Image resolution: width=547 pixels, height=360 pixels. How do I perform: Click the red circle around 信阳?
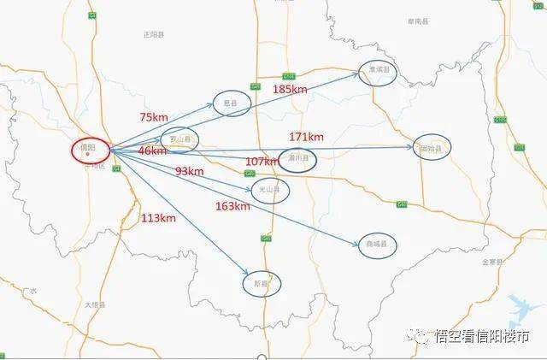(90, 150)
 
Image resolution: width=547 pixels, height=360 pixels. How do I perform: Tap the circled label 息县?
(232, 103)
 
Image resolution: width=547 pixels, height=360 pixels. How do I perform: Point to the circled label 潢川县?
(297, 159)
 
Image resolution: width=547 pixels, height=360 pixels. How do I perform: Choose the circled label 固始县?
(431, 148)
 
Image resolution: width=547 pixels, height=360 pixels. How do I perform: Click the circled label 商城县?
(376, 245)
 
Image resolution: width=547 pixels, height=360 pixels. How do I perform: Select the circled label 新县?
(261, 283)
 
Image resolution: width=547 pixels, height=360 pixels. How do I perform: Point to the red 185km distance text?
(290, 89)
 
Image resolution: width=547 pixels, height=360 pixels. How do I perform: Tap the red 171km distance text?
(306, 137)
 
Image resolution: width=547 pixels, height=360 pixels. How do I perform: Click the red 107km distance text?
(262, 162)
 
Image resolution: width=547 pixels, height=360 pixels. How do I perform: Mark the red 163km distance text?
(232, 206)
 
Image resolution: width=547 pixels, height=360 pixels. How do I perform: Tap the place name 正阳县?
(155, 35)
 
